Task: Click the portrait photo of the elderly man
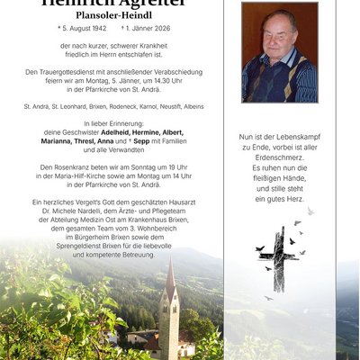279,51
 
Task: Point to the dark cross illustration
279,258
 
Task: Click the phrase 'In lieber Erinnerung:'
112,122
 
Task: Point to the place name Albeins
187,105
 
